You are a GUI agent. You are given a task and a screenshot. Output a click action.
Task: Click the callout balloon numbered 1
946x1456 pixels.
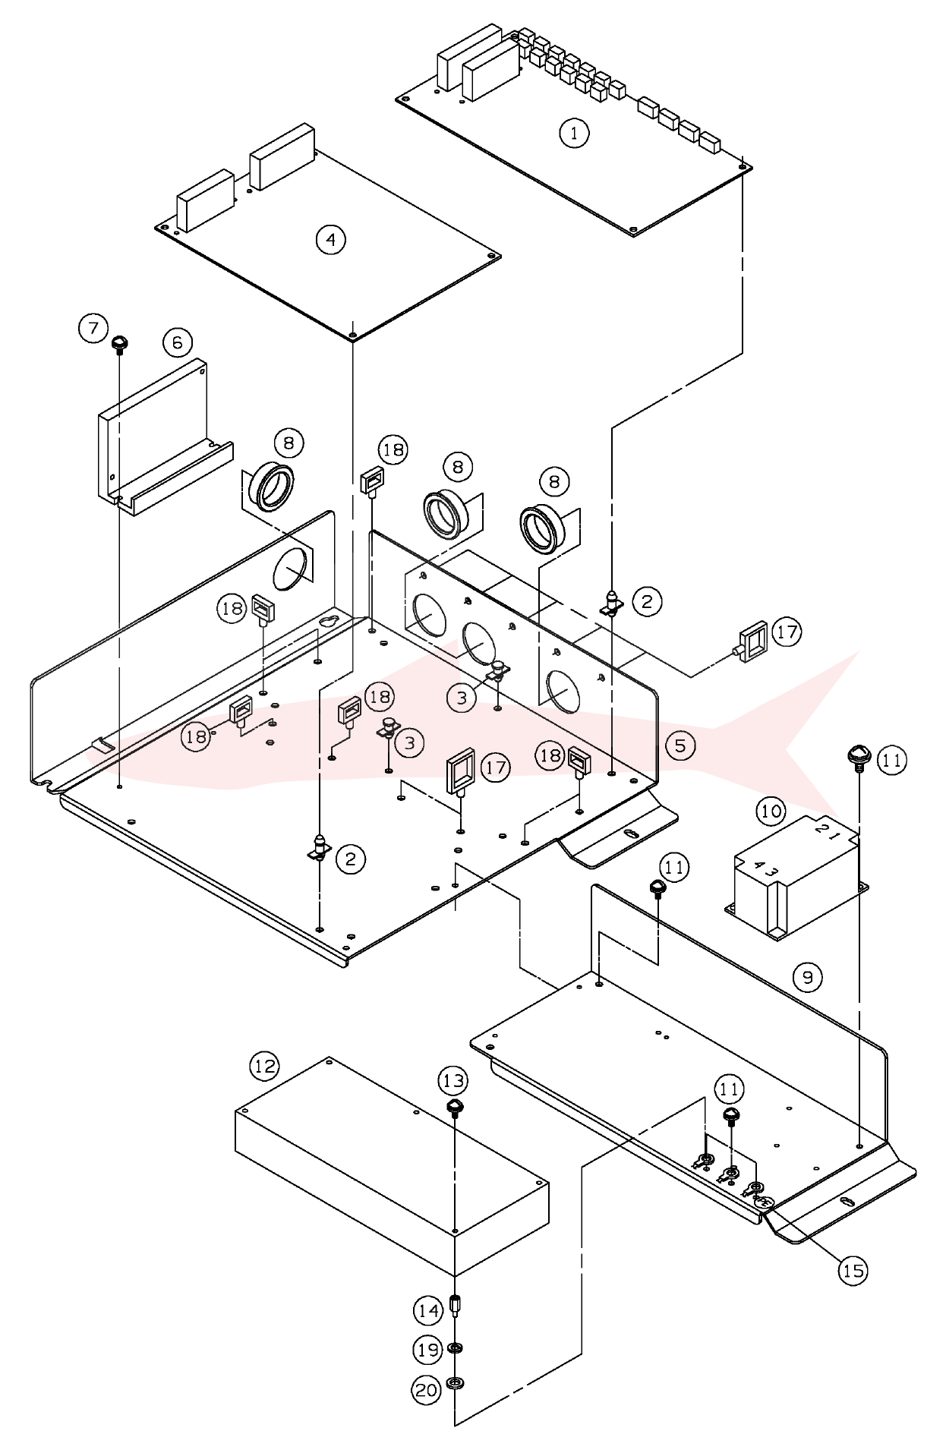pyautogui.click(x=574, y=134)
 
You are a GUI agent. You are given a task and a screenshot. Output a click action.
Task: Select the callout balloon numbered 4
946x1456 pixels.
pyautogui.click(x=330, y=240)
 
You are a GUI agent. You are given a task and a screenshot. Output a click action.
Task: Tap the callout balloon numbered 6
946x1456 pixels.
pyautogui.click(x=178, y=342)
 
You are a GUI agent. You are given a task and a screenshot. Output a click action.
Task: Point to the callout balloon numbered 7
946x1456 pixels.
pyautogui.click(x=93, y=329)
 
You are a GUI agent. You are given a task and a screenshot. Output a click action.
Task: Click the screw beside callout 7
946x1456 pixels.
pyautogui.click(x=119, y=345)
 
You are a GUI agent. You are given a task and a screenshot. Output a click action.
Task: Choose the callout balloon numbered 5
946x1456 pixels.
pyautogui.click(x=680, y=745)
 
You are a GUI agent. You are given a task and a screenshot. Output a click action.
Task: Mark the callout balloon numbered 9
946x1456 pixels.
pyautogui.click(x=807, y=977)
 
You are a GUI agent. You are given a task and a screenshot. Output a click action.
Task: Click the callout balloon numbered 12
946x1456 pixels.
pyautogui.click(x=265, y=1067)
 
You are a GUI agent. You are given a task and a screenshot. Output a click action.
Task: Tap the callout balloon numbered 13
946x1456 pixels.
pyautogui.click(x=453, y=1080)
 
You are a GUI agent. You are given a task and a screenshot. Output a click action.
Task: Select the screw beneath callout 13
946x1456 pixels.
pyautogui.click(x=454, y=1108)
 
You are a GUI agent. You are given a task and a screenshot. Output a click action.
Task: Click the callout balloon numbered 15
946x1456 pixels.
pyautogui.click(x=854, y=1270)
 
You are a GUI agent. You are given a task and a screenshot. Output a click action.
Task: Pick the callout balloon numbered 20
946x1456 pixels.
pyautogui.click(x=427, y=1391)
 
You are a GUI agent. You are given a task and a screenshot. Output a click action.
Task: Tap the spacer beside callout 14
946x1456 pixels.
pyautogui.click(x=457, y=1307)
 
